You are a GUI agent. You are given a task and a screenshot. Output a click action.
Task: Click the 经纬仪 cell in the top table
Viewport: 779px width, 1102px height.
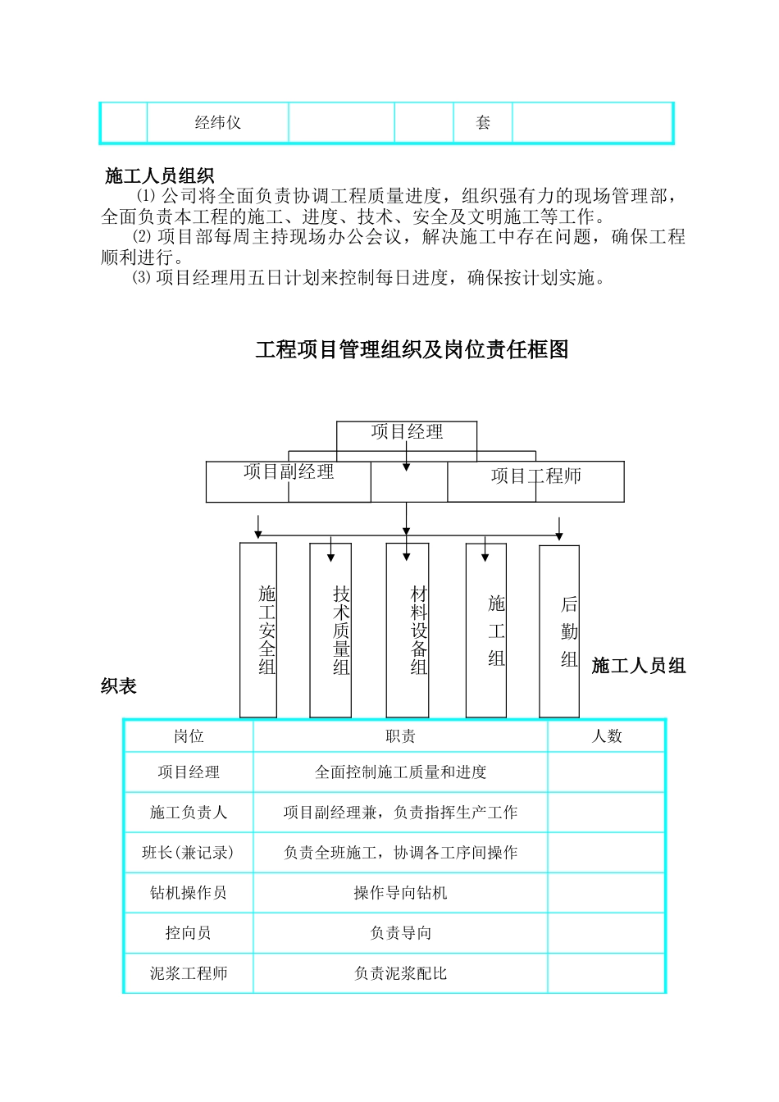coord(217,123)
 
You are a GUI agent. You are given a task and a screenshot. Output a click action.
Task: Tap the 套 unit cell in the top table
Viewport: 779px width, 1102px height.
coord(483,123)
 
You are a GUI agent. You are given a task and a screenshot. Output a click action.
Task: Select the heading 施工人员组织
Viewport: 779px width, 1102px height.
coord(159,175)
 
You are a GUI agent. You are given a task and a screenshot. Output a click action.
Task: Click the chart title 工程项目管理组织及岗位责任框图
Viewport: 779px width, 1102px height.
coord(412,350)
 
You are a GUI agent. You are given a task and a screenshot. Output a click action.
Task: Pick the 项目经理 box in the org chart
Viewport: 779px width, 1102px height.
coord(407,432)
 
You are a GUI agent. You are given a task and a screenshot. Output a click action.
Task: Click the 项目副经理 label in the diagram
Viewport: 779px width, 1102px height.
coord(289,471)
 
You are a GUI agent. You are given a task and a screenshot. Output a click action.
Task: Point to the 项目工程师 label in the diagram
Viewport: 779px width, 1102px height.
coord(535,476)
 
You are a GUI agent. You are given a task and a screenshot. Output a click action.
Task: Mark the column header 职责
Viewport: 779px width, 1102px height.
coord(400,736)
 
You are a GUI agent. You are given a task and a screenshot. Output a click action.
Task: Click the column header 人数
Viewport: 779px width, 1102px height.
coord(607,736)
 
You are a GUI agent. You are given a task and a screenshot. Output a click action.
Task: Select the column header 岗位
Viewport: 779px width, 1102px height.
coord(189,736)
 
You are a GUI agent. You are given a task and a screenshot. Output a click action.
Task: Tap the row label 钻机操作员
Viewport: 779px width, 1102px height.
coord(189,893)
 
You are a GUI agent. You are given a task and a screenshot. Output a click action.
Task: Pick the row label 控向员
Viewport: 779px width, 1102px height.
coord(189,933)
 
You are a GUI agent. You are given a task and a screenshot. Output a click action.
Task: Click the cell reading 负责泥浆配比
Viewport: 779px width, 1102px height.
coord(400,973)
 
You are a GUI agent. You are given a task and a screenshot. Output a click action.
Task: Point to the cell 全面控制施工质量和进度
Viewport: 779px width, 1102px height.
coord(400,772)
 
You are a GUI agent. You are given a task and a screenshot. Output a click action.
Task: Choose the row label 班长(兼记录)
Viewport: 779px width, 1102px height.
coord(189,853)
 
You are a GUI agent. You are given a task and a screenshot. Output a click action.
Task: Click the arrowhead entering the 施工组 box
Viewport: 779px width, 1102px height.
coord(485,557)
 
